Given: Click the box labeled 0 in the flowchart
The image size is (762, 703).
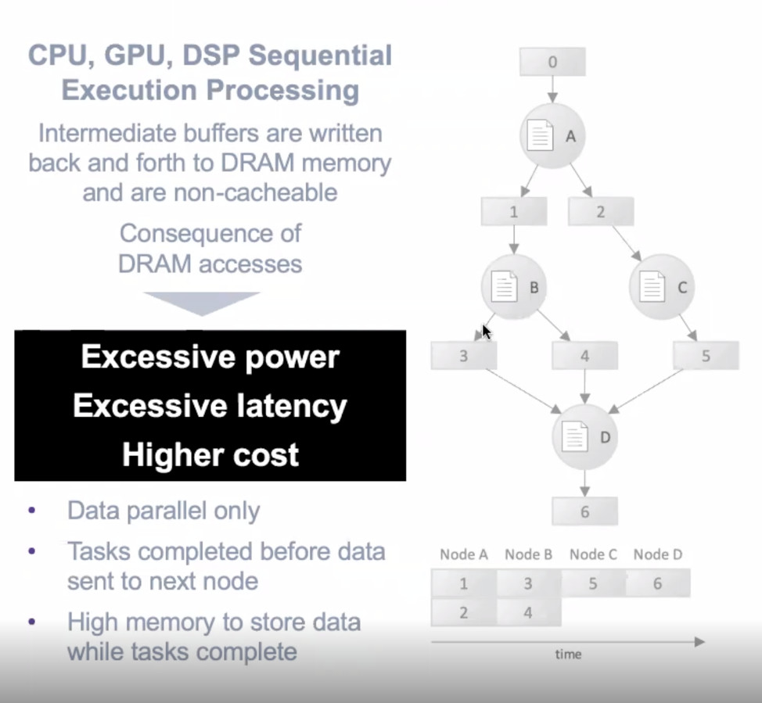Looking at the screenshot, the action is point(552,62).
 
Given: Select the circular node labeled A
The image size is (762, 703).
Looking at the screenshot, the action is point(552,136).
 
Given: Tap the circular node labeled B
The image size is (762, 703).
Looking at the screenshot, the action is point(514,287).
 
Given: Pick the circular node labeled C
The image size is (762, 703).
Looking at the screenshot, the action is point(662,287).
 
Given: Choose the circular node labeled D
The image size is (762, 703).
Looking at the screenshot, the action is point(585,437).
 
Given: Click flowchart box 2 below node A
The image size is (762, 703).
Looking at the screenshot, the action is point(601,211).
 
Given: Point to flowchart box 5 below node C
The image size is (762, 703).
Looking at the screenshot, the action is point(706,356).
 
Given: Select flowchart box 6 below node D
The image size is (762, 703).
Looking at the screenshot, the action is point(585,511).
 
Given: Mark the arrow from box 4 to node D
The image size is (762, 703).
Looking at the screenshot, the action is point(585,387).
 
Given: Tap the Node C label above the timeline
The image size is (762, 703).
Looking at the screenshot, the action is point(593,554).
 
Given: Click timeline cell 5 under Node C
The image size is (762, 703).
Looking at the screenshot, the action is point(593,583).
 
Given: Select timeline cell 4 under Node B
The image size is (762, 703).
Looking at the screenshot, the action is point(529,612).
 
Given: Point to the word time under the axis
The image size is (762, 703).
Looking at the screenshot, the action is point(569,655).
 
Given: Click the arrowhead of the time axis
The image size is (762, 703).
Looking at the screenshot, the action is point(699,642).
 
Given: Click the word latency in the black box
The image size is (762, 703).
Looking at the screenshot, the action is point(292,407).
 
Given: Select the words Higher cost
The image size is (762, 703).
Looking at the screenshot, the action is point(210,455).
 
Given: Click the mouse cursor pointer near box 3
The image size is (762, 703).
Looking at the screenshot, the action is point(487,332).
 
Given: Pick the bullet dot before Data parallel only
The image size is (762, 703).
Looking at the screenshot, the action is point(32,511).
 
